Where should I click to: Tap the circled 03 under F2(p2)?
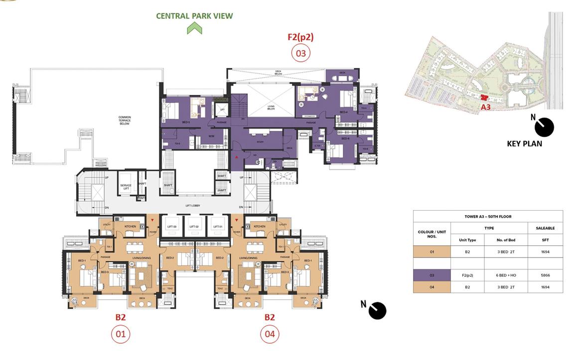pyautogui.click(x=300, y=53)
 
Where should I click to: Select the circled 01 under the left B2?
pyautogui.click(x=121, y=334)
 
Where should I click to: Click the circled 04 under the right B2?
pyautogui.click(x=270, y=334)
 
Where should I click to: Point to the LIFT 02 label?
pyautogui.click(x=194, y=227)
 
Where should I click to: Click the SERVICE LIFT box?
pyautogui.click(x=126, y=187)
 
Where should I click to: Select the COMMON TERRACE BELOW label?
pyautogui.click(x=125, y=120)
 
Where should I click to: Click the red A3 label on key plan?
pyautogui.click(x=486, y=107)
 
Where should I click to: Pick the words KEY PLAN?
pyautogui.click(x=524, y=143)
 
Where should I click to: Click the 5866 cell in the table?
pyautogui.click(x=545, y=275)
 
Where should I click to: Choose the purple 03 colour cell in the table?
pyautogui.click(x=432, y=275)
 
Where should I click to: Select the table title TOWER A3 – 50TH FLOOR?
pyautogui.click(x=488, y=217)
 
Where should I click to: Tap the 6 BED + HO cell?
pyautogui.click(x=506, y=275)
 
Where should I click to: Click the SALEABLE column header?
pyautogui.click(x=545, y=228)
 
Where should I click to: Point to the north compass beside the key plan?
pyautogui.click(x=544, y=127)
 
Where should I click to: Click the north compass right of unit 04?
pyautogui.click(x=378, y=310)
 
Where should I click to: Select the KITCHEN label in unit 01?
pyautogui.click(x=130, y=227)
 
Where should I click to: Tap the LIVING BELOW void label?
pyautogui.click(x=271, y=108)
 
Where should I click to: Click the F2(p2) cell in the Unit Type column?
pyautogui.click(x=467, y=275)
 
